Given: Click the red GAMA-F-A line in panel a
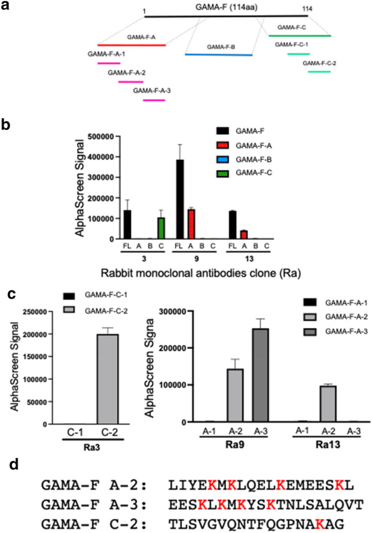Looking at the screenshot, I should click(x=132, y=44).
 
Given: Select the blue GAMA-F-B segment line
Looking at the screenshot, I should click(x=218, y=55).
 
